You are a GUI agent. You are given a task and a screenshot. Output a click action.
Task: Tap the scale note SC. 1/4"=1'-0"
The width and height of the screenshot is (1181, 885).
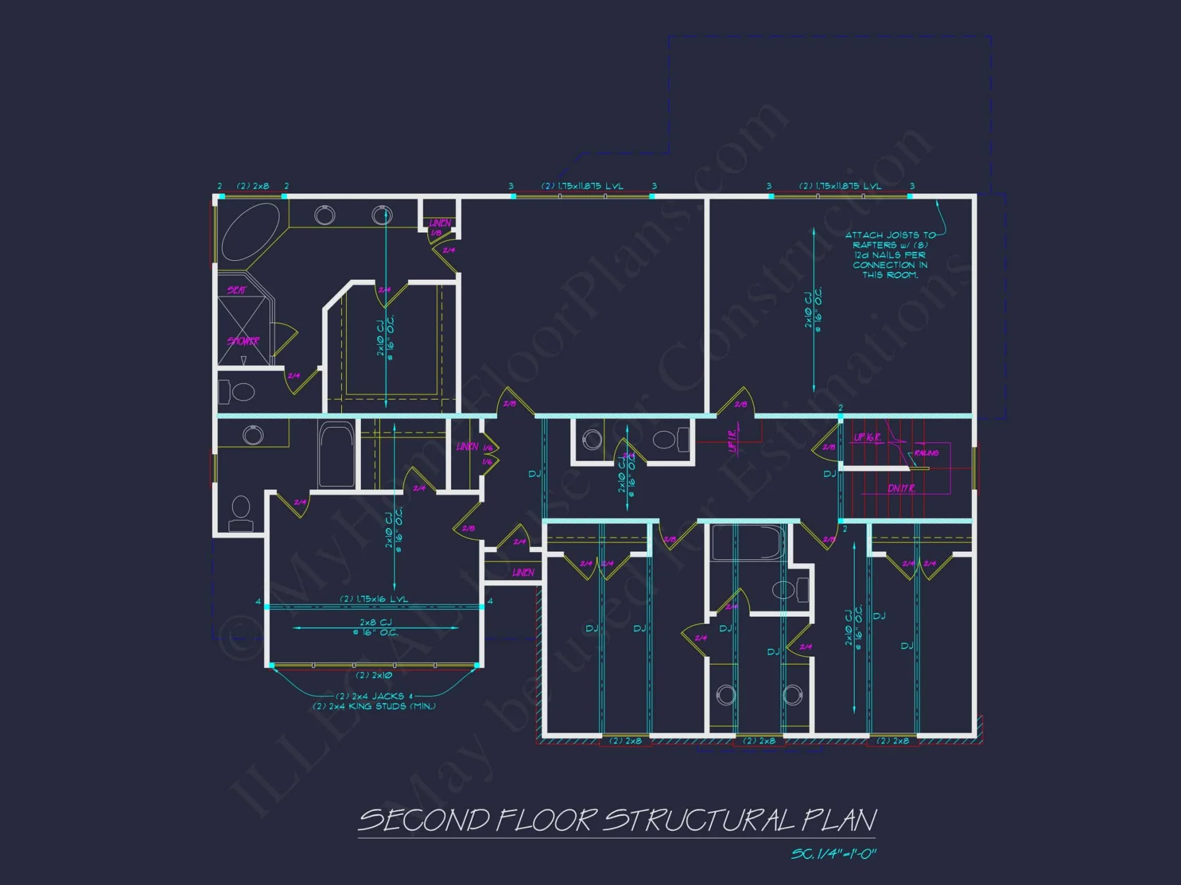click(x=833, y=854)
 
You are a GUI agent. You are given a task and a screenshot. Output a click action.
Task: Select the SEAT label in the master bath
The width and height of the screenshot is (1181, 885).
click(x=236, y=290)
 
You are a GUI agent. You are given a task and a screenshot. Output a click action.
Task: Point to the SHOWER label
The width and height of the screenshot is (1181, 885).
click(x=243, y=341)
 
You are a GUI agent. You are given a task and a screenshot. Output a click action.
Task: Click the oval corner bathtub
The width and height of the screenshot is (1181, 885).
click(x=250, y=232)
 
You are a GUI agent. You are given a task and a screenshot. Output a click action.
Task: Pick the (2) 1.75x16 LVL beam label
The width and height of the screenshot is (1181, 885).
click(x=374, y=599)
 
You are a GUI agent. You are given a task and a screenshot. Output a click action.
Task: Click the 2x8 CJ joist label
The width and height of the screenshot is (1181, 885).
click(x=376, y=622)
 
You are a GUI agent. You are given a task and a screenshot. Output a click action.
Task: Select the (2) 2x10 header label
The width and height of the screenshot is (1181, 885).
click(x=374, y=675)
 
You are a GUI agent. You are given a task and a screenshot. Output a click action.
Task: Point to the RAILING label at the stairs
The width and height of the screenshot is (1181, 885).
click(x=926, y=453)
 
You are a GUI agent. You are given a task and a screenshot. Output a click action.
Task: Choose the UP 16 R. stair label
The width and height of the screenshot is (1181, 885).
click(x=867, y=437)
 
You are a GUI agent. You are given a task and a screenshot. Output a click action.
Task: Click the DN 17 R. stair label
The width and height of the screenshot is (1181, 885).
click(x=901, y=489)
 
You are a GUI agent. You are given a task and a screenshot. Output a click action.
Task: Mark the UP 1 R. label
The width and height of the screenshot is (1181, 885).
click(x=733, y=440)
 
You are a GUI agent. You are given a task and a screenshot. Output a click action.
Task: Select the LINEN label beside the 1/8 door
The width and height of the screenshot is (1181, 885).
click(x=440, y=223)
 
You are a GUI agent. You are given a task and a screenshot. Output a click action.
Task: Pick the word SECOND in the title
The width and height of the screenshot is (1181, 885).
click(x=424, y=821)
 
